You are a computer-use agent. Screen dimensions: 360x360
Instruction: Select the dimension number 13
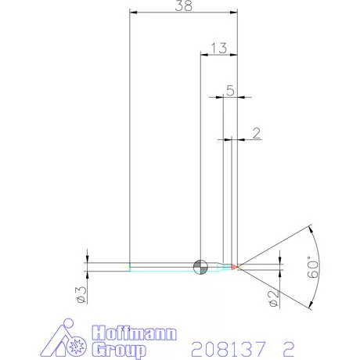pos(218,48)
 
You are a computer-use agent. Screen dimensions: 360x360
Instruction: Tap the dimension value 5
pos(230,90)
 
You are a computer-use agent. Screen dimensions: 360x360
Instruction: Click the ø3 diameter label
pos(78,293)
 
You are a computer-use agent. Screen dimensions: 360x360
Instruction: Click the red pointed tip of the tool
pos(237,267)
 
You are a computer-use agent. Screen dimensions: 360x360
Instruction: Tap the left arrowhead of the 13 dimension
pos(204,55)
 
